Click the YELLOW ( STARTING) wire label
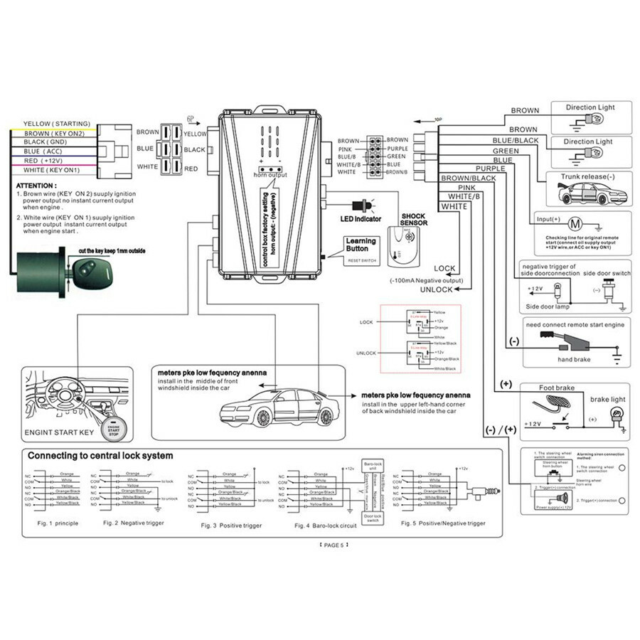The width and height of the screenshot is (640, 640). click(x=51, y=123)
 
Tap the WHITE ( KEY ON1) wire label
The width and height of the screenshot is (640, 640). click(x=51, y=170)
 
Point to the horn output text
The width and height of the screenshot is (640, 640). click(x=268, y=174)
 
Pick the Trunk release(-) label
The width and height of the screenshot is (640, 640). click(x=587, y=176)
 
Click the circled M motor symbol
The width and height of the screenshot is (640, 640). click(x=577, y=224)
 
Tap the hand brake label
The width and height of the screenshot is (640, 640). click(x=575, y=359)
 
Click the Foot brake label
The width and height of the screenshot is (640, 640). click(x=557, y=388)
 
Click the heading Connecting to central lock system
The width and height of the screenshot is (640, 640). click(x=100, y=455)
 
